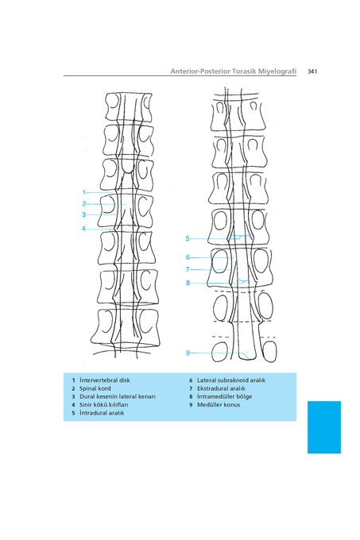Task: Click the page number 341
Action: coord(312,71)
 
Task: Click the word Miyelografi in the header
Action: coord(277,71)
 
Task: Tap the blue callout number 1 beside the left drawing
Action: coord(83,192)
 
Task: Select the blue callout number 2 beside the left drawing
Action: coord(83,204)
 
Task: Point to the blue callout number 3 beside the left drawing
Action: coord(83,214)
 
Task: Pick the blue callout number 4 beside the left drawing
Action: coord(83,229)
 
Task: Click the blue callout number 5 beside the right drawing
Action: coord(188,238)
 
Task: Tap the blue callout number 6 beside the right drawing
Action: coord(188,257)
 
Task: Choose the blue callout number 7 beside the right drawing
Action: coord(188,269)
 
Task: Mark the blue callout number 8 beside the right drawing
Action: coord(188,283)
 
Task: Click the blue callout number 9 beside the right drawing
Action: coord(188,353)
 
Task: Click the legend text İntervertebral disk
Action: coord(105,380)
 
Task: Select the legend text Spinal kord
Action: coord(95,388)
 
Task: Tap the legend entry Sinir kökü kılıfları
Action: coord(103,405)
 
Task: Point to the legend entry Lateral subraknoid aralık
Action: coord(231,380)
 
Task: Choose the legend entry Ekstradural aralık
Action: coord(221,388)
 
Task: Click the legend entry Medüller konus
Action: coord(219,405)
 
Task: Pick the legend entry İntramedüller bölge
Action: coord(225,396)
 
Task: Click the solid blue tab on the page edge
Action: coord(324,427)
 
